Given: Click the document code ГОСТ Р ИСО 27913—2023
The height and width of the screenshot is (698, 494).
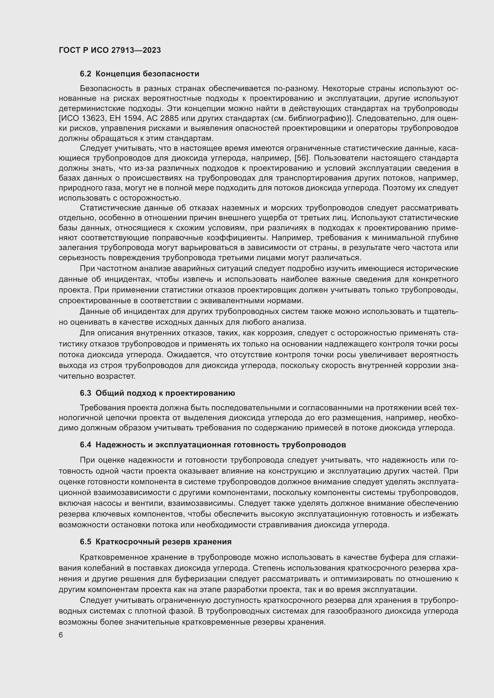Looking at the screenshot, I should pos(110,50).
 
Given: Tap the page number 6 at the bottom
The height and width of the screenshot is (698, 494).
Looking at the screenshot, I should pos(61,635).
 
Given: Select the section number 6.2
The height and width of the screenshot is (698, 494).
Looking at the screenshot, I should pos(85,74).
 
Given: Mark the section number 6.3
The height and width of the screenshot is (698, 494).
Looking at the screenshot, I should pos(85,393).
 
